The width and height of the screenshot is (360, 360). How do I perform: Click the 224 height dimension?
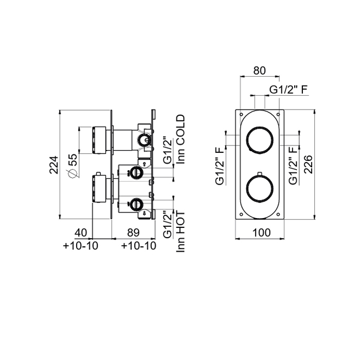[x=53, y=165]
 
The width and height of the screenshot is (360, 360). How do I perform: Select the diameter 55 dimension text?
[x=73, y=166]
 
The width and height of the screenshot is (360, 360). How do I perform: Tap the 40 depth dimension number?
[x=81, y=232]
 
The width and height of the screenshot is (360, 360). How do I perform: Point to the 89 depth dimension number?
[x=133, y=232]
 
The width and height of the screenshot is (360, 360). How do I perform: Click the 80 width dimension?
[x=259, y=71]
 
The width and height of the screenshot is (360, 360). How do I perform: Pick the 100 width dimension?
[x=261, y=233]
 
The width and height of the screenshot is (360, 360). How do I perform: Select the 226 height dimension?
[x=309, y=165]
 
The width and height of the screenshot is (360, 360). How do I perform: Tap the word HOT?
[x=181, y=222]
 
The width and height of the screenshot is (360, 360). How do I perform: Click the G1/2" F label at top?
[x=289, y=89]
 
